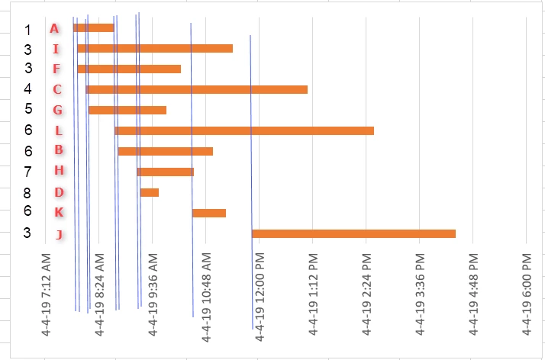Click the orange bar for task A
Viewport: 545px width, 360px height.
coord(93,28)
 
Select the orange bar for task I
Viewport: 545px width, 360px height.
coord(155,49)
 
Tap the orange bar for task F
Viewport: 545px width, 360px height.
coord(129,69)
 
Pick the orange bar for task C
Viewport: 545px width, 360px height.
coord(197,90)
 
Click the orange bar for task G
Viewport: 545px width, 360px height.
coord(127,110)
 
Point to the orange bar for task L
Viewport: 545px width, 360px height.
coord(244,130)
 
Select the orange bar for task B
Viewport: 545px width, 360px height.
coord(165,151)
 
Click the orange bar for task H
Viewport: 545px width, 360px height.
coord(165,172)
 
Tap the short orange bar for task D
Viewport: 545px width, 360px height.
coord(149,192)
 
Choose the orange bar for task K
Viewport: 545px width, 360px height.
coord(208,213)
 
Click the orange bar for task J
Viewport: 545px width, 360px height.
coord(353,233)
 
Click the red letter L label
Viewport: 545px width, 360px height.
coord(59,130)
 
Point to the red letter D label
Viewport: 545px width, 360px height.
coord(59,192)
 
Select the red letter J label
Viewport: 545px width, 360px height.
coord(60,234)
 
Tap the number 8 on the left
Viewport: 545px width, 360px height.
coord(27,191)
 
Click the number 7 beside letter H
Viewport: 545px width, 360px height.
coord(27,171)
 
